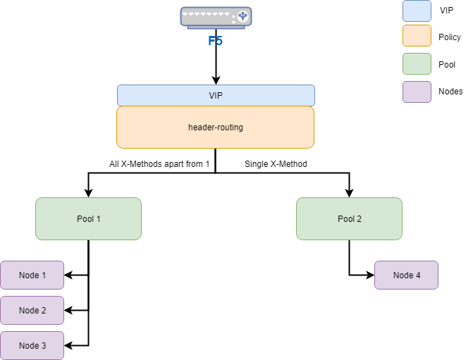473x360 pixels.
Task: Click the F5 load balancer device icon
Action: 216,17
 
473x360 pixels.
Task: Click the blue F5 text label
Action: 215,41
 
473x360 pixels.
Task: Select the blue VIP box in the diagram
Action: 216,95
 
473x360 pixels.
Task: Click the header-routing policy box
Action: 216,127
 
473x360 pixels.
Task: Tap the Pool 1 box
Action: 88,218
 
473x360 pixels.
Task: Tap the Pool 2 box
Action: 349,218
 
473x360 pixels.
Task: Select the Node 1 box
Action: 32,275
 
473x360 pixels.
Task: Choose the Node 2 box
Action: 32,310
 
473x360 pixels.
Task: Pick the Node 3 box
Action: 32,345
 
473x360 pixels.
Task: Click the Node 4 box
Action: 406,275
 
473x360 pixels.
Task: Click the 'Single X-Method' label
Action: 276,164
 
